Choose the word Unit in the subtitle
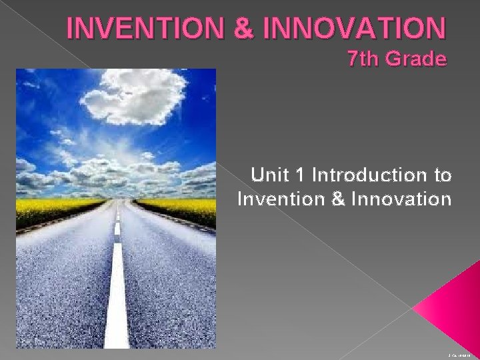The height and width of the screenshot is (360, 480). click(270, 176)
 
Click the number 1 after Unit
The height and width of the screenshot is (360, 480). click(300, 176)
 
